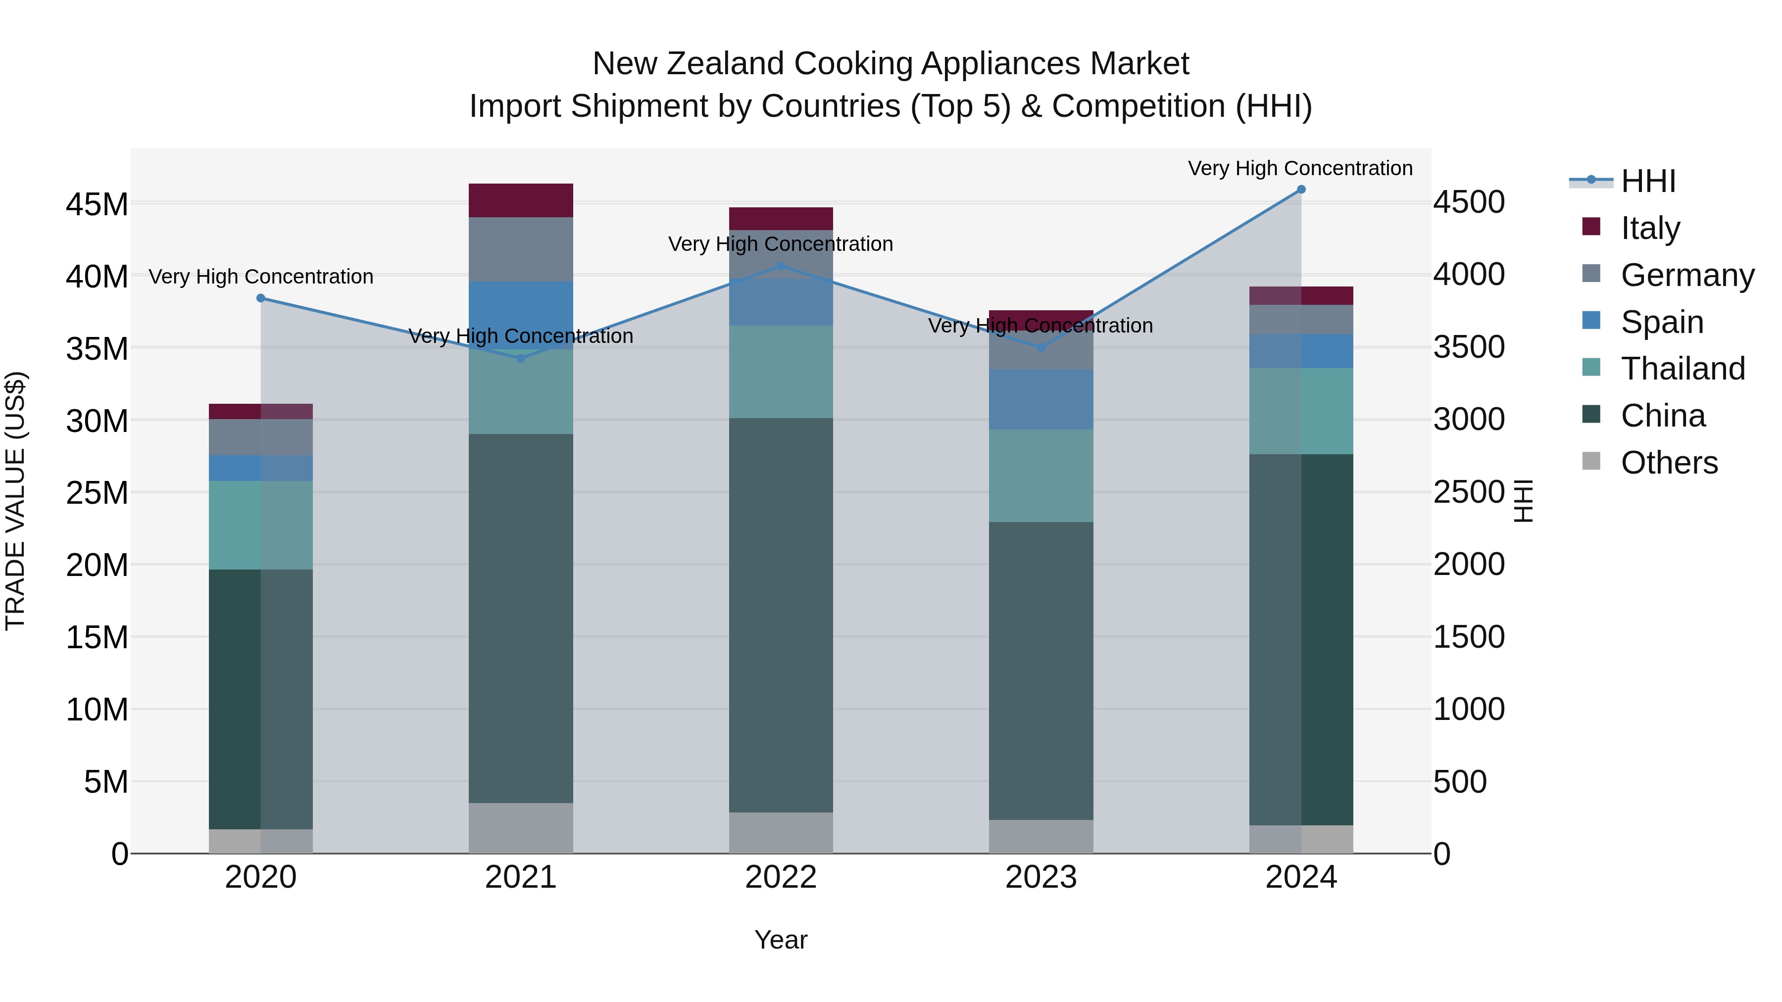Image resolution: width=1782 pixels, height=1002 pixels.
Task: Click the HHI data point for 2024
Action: click(1300, 190)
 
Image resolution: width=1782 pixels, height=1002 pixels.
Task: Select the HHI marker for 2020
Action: click(261, 298)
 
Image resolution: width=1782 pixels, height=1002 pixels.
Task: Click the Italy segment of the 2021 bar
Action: click(521, 200)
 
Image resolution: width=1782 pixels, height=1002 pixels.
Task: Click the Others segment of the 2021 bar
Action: click(521, 828)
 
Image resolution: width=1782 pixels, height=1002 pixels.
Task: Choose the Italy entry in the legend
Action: click(1650, 228)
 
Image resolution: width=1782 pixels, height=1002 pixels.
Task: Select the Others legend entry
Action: click(1669, 462)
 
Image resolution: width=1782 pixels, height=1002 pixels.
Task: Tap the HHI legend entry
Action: click(1648, 181)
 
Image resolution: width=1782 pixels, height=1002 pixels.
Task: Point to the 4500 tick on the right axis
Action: click(1469, 202)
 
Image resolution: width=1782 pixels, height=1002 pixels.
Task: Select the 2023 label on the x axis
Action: click(1041, 877)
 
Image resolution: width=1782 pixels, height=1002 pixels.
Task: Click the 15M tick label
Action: click(97, 637)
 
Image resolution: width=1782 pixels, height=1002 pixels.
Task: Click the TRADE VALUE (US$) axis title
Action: click(15, 501)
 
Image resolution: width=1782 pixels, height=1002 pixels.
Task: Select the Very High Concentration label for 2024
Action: click(1300, 168)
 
